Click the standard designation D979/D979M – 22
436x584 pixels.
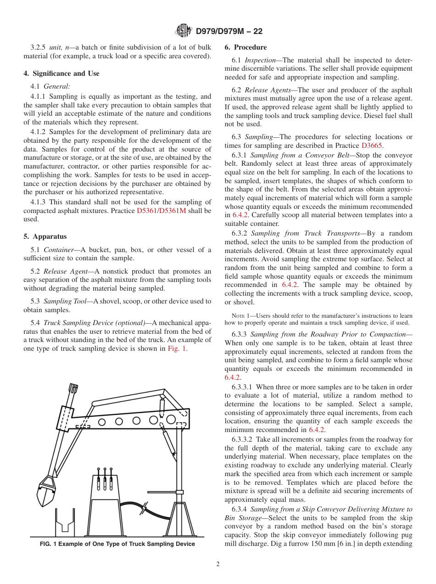click(x=229, y=32)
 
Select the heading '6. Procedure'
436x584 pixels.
click(x=245, y=47)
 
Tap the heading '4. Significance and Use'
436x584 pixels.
click(x=61, y=73)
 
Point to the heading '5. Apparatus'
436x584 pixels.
click(x=45, y=236)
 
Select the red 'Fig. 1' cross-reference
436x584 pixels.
click(x=177, y=348)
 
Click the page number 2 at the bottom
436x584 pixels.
click(x=218, y=564)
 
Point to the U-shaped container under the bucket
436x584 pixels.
click(x=65, y=519)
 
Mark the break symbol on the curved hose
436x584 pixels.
click(x=145, y=508)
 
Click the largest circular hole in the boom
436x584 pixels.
click(x=171, y=419)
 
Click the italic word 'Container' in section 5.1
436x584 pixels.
click(x=58, y=250)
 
